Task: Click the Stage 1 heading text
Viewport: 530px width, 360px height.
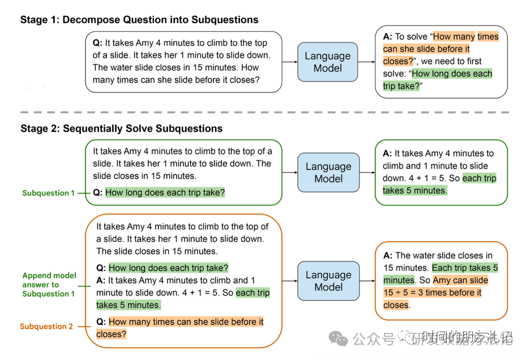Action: pyautogui.click(x=139, y=20)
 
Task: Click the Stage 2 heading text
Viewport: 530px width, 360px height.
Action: pyautogui.click(x=121, y=128)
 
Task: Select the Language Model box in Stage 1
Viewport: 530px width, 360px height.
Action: pyautogui.click(x=328, y=62)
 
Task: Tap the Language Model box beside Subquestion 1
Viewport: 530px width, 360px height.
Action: pyautogui.click(x=328, y=173)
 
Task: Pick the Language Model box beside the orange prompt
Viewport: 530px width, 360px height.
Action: pyautogui.click(x=328, y=281)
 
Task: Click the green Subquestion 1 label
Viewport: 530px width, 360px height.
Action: pyautogui.click(x=48, y=193)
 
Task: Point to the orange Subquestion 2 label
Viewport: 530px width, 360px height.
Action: pyautogui.click(x=46, y=327)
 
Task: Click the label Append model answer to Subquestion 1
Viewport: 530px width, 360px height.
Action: pyautogui.click(x=49, y=285)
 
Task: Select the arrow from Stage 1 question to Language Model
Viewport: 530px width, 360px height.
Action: pyautogui.click(x=289, y=62)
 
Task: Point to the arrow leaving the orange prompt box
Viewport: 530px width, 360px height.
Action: pyautogui.click(x=289, y=281)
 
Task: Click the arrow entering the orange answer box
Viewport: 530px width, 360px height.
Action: pyautogui.click(x=367, y=281)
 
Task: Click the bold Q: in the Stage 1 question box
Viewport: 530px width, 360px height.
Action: pyautogui.click(x=97, y=43)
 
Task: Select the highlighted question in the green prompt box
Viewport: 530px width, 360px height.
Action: pyautogui.click(x=165, y=193)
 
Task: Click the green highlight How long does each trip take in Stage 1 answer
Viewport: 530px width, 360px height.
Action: pyautogui.click(x=437, y=80)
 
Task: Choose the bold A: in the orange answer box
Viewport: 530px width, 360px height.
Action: pyautogui.click(x=388, y=256)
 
